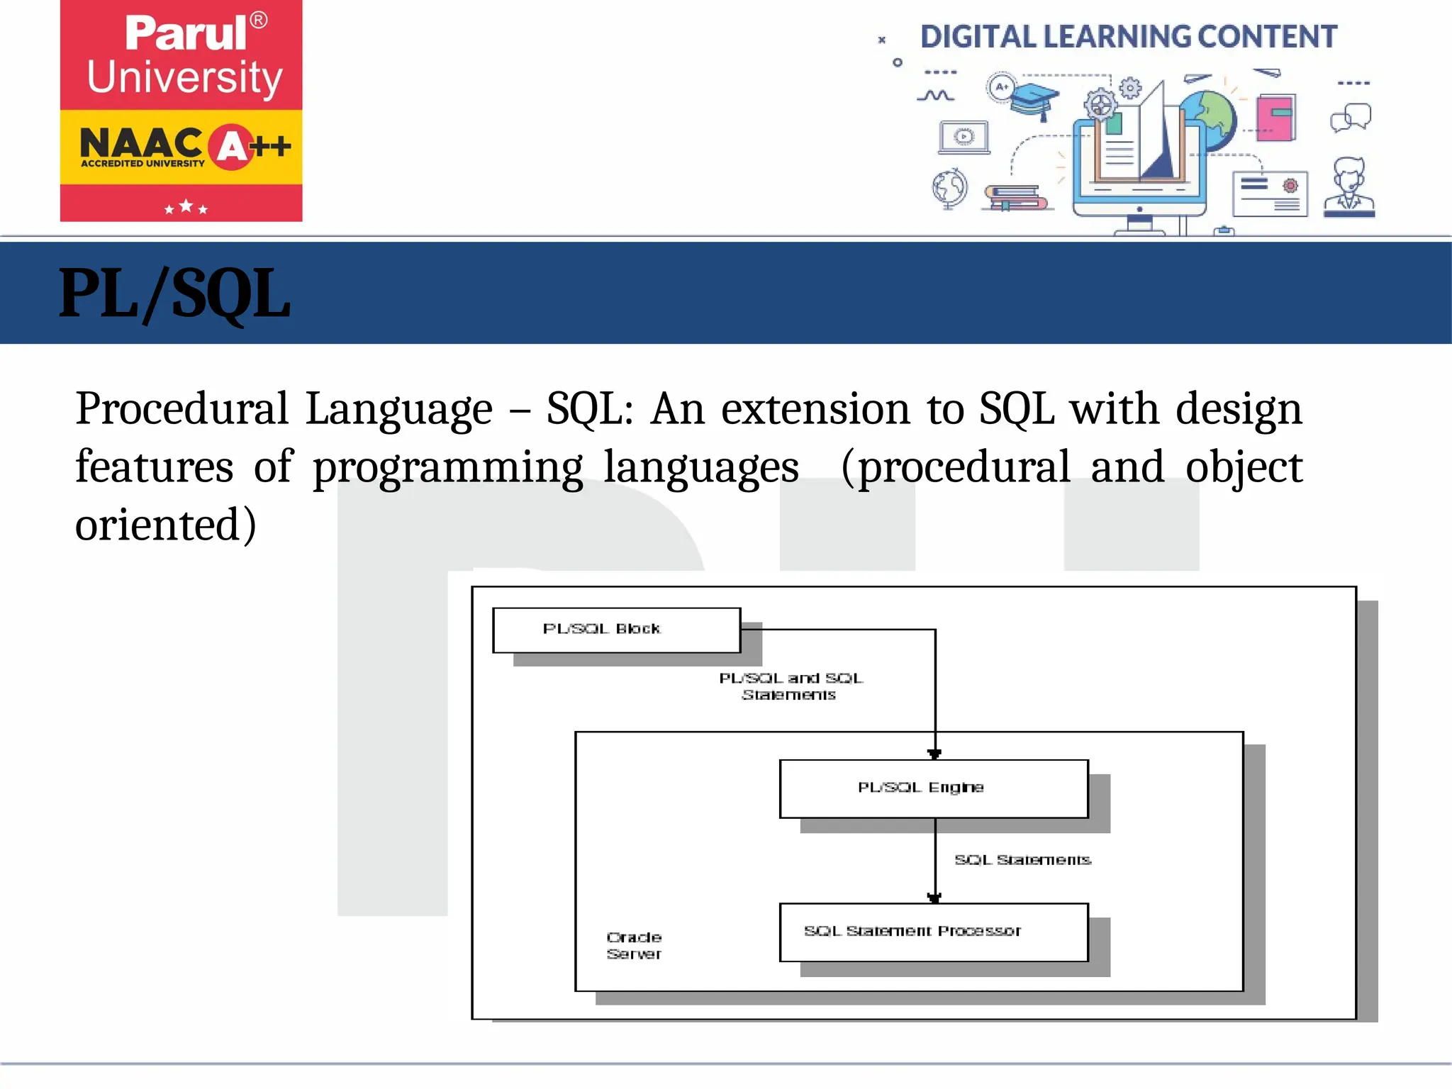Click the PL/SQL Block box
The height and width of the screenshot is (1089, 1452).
tap(616, 630)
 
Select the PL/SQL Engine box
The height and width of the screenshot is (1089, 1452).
tap(933, 788)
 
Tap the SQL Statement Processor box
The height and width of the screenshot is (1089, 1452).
tap(933, 932)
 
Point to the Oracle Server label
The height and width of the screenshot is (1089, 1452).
tap(634, 946)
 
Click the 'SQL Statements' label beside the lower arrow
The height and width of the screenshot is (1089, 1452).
tap(1022, 860)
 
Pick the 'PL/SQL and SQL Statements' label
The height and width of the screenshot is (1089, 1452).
tap(790, 686)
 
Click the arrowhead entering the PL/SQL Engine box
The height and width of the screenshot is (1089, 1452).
tap(934, 754)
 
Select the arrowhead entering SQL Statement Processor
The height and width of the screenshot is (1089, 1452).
tap(934, 898)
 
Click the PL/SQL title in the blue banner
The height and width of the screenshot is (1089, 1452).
tap(174, 294)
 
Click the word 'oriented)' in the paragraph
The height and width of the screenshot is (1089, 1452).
tap(165, 525)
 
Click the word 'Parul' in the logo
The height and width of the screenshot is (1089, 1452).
tap(186, 33)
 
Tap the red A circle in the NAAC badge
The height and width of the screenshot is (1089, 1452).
tap(231, 147)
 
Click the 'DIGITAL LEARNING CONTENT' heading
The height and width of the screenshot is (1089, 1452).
tap(1128, 37)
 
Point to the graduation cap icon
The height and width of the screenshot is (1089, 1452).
tap(1034, 99)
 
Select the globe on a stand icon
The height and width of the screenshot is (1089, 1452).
tap(949, 189)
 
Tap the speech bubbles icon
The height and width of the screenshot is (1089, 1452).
tap(1350, 118)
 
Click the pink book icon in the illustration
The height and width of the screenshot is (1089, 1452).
tap(1275, 118)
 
